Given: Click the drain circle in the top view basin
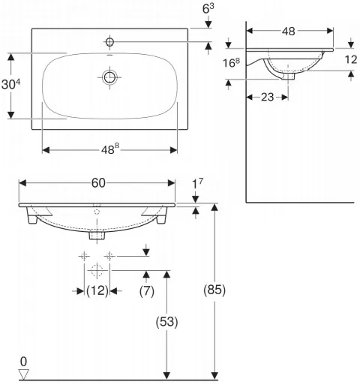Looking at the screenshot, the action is click(x=109, y=77).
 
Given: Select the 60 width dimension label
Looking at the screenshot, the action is click(x=98, y=183).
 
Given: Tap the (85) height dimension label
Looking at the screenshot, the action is click(x=214, y=290).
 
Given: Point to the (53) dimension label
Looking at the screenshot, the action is click(x=167, y=322).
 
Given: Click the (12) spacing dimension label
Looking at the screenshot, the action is click(x=97, y=290).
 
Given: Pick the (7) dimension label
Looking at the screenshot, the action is click(x=147, y=291).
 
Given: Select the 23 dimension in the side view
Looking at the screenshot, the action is click(x=267, y=97).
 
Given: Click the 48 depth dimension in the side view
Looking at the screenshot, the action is click(x=289, y=32).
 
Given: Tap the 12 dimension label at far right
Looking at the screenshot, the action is click(x=351, y=59).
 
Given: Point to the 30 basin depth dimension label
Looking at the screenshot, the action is click(x=10, y=83).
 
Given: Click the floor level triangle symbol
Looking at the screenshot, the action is click(x=24, y=374).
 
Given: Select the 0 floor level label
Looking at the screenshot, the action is click(x=23, y=362).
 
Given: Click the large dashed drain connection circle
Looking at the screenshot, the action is click(x=97, y=270).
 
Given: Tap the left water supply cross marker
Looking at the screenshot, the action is click(x=84, y=256).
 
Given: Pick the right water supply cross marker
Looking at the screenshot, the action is click(x=109, y=256).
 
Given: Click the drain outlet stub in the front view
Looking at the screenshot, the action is click(x=97, y=236).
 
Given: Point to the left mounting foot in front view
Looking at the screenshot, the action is click(x=32, y=217).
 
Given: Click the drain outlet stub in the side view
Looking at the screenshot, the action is click(x=288, y=76).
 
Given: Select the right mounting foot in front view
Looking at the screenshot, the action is click(x=161, y=217).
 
